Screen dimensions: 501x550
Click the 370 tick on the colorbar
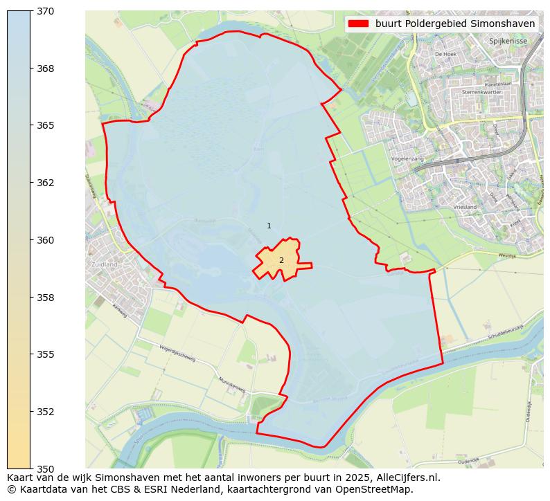(45, 12)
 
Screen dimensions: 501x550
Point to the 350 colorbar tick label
(45, 468)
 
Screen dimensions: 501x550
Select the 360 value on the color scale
(45, 240)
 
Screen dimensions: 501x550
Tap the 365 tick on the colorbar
(45, 126)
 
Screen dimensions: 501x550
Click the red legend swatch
(358, 24)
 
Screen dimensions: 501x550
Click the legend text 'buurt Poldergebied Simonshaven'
(455, 24)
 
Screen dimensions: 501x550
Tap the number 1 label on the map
(269, 226)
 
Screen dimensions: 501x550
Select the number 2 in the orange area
(281, 260)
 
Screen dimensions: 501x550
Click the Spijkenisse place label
(508, 41)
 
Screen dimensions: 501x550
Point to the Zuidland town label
(104, 264)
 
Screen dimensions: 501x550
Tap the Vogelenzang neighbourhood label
(407, 158)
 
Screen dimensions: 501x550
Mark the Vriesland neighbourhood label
(465, 207)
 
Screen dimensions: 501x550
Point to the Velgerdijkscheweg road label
(177, 354)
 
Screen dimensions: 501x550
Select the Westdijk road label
(508, 255)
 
